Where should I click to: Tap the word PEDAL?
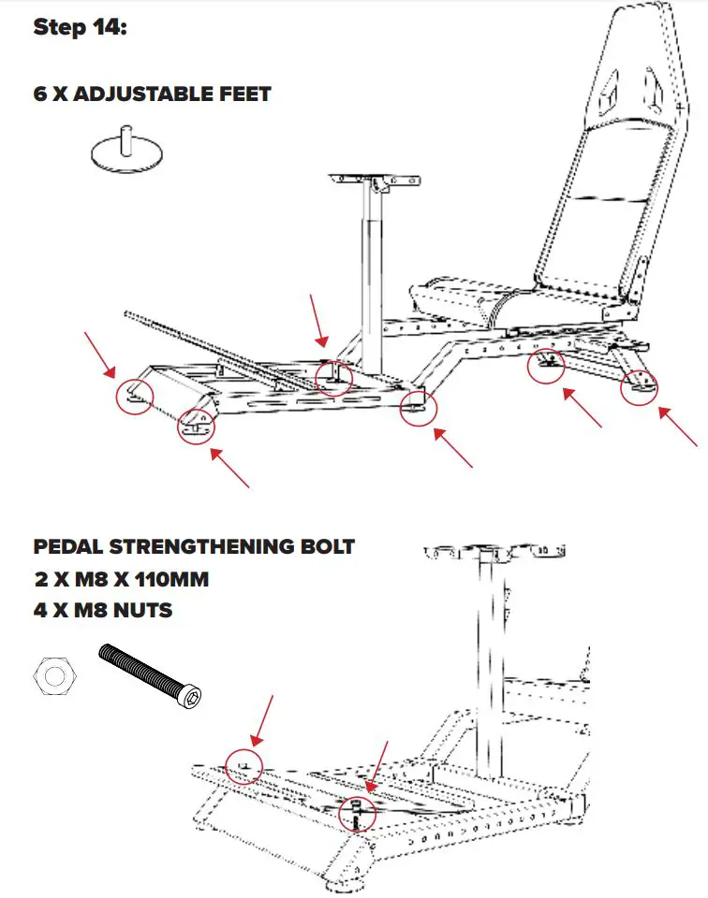pyautogui.click(x=66, y=546)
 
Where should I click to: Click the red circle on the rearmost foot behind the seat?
pyautogui.click(x=640, y=385)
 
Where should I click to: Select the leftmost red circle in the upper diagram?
pyautogui.click(x=135, y=396)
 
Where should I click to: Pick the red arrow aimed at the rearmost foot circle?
pyautogui.click(x=678, y=426)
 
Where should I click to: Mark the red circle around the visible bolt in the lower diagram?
pyautogui.click(x=358, y=813)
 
